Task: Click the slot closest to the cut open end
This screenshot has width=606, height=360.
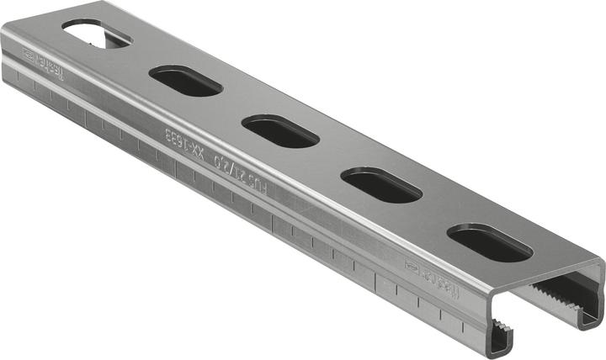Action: tap(489, 242)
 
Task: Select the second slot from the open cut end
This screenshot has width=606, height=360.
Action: tap(380, 185)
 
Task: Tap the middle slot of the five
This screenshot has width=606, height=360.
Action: tap(281, 132)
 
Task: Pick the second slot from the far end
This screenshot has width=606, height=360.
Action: tap(185, 82)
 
